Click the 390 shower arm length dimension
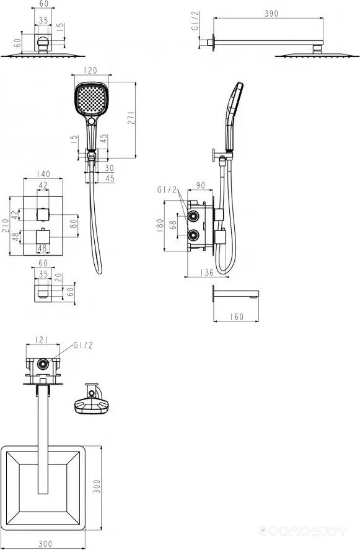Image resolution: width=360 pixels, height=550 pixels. tap(271, 14)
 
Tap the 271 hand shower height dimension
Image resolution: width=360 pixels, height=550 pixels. tap(131, 118)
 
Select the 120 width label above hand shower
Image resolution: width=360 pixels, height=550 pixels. tap(90, 71)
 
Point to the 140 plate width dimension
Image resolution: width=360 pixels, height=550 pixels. tap(43, 173)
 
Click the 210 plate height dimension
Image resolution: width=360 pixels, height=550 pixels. tap(5, 226)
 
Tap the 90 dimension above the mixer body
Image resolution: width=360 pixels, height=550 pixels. tap(200, 185)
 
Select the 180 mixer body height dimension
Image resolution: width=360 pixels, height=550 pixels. tap(160, 225)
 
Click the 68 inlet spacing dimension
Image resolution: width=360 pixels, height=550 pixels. tap(173, 225)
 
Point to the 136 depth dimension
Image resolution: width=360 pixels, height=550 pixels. tap(207, 272)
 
